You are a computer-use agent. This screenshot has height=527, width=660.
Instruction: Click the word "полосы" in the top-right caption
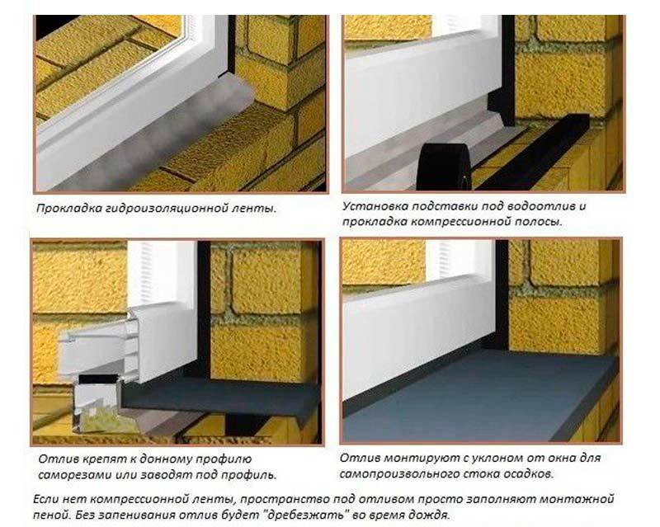tap(539, 222)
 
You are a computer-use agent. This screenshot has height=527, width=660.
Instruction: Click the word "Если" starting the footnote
tap(46, 499)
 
